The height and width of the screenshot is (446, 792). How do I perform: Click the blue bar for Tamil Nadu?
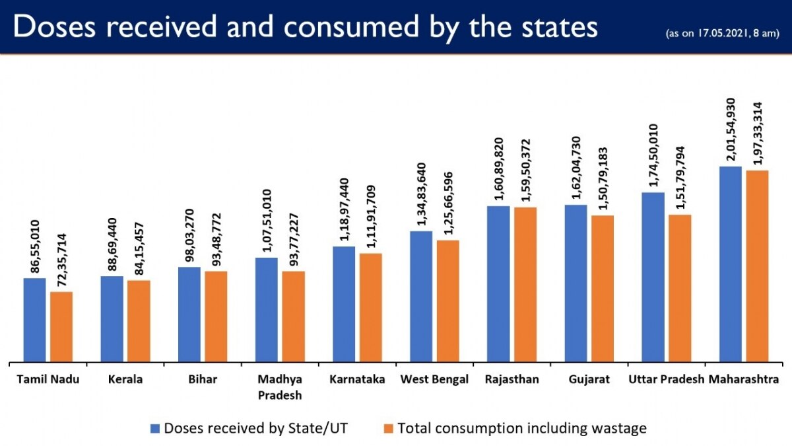35,320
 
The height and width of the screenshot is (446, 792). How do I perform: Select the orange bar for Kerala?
139,321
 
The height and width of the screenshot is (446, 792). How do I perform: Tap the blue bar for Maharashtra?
730,264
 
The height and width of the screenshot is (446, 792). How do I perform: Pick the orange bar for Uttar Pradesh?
680,288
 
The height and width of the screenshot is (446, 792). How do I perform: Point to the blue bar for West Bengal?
421,297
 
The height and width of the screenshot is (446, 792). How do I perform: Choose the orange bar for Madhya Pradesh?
293,316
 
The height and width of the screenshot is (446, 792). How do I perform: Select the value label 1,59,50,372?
526,171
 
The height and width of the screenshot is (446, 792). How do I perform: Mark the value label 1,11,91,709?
371,216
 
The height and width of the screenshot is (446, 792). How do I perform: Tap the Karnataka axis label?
357,380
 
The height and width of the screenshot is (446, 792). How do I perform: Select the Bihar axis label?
203,380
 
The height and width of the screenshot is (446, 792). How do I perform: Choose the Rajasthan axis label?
511,380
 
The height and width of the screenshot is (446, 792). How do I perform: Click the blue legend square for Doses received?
155,428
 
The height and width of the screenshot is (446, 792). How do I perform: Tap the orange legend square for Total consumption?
388,428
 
